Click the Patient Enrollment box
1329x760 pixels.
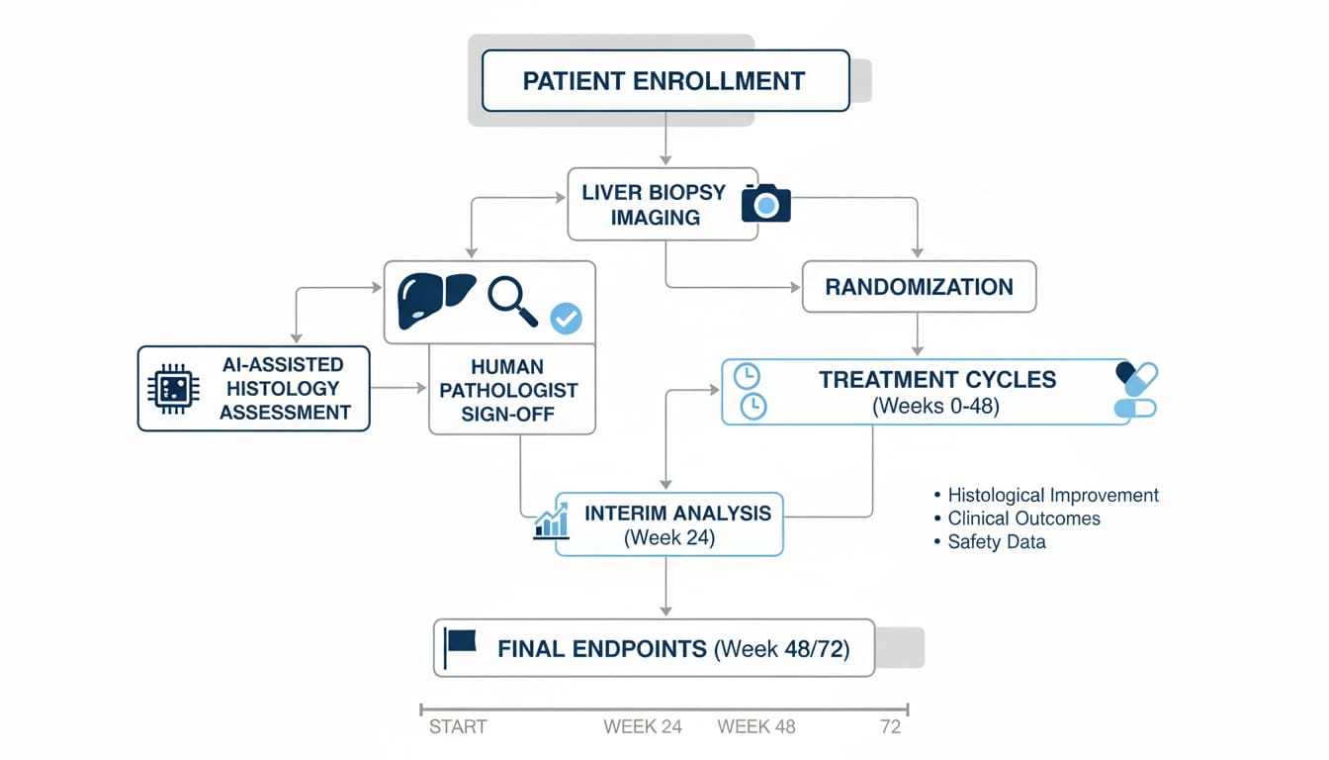(664, 80)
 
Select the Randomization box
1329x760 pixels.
(919, 287)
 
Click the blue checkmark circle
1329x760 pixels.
(566, 318)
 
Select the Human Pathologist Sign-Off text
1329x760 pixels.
(509, 391)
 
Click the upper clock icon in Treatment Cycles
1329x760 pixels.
(748, 376)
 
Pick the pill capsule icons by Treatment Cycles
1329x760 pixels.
(1135, 390)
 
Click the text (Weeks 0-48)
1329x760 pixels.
(936, 406)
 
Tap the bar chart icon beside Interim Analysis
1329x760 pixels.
(551, 521)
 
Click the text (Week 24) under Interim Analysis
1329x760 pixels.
(669, 538)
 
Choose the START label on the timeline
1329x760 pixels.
(458, 726)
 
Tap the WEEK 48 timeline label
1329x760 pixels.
(755, 726)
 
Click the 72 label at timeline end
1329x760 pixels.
(890, 726)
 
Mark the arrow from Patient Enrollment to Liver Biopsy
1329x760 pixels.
(665, 139)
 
